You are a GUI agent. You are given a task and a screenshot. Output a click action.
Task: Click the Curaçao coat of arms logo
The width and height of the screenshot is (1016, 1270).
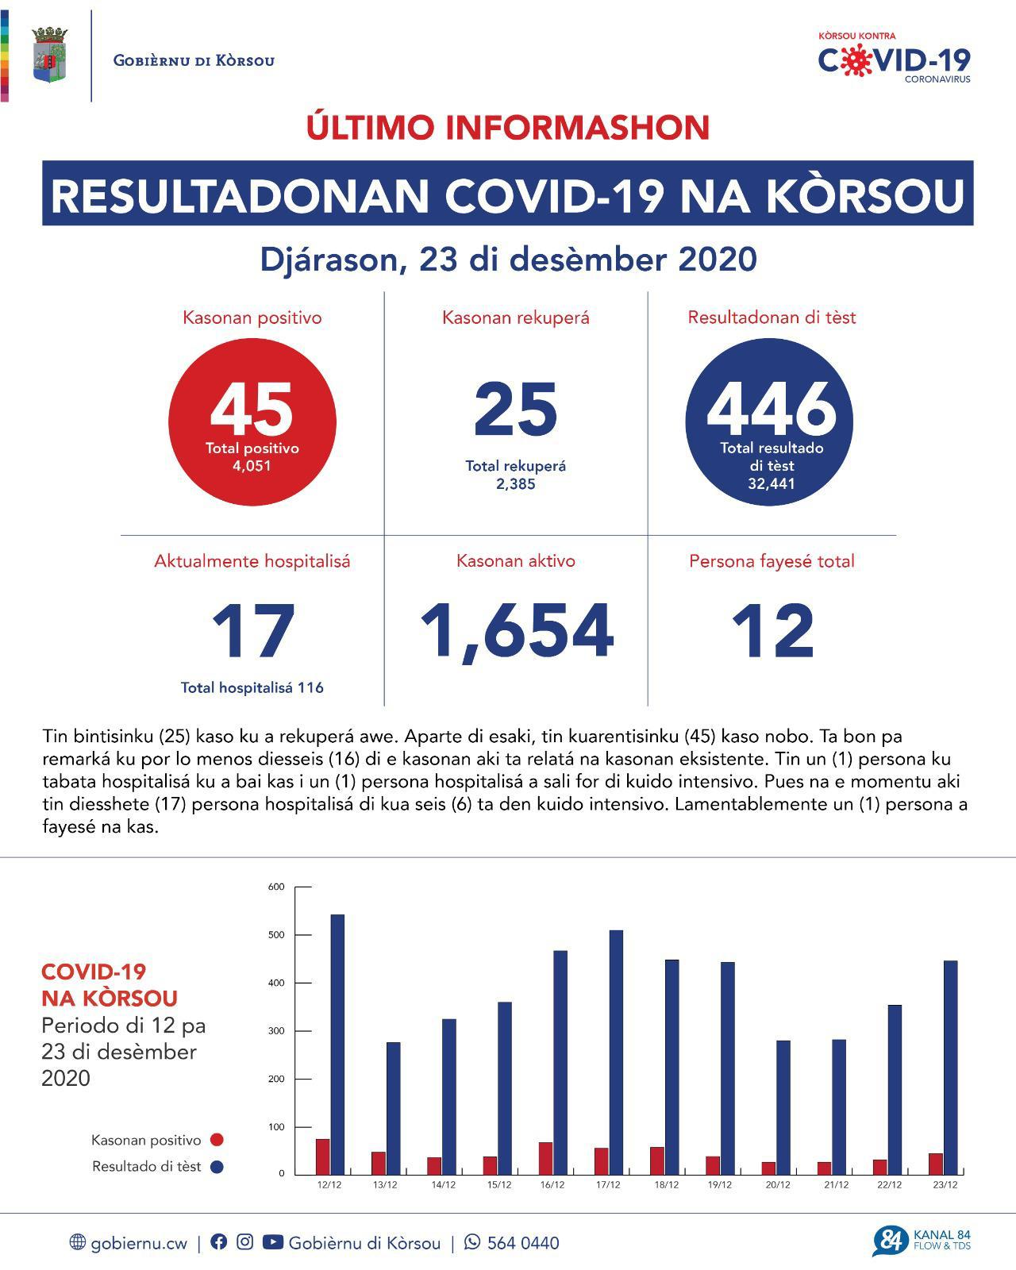click(50, 56)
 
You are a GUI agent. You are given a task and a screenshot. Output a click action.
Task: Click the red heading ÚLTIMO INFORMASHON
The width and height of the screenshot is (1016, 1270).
click(508, 128)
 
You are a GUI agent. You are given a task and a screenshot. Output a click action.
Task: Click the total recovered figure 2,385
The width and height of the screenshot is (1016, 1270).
click(516, 483)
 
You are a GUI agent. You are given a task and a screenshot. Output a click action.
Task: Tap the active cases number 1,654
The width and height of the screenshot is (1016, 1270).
click(516, 632)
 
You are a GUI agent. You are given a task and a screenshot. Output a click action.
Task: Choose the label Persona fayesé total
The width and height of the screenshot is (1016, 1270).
click(772, 561)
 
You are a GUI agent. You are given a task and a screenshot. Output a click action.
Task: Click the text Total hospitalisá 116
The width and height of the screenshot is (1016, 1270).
click(252, 687)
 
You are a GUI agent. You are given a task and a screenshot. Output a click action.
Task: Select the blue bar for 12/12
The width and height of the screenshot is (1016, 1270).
click(337, 1044)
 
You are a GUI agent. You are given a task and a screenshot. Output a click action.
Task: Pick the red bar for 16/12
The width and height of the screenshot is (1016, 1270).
click(546, 1158)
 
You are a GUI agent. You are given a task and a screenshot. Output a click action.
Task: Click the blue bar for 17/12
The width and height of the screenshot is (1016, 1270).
click(615, 1052)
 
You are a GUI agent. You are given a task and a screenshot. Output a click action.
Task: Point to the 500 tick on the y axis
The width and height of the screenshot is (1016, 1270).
click(276, 935)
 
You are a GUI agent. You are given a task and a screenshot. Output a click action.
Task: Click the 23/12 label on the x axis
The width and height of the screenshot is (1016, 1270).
click(946, 1185)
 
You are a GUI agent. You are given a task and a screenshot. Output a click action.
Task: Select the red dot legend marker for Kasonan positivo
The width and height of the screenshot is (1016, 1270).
click(216, 1140)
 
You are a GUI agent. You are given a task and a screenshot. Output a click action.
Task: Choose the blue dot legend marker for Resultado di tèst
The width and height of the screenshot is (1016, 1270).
click(216, 1167)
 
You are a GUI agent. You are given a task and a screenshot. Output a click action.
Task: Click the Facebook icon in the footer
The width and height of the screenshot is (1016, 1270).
click(218, 1242)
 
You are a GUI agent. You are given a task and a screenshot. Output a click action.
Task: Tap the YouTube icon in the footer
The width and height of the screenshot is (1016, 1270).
click(272, 1242)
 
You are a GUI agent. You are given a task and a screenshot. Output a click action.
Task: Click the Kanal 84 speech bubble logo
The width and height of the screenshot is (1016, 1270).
click(891, 1241)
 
